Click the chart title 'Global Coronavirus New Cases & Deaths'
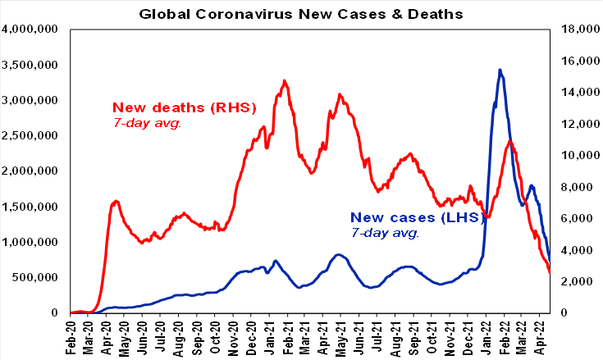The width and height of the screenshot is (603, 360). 301,14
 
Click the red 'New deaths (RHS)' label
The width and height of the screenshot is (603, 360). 185,107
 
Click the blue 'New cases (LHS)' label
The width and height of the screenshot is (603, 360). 409,217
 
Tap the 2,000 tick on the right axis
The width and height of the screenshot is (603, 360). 573,281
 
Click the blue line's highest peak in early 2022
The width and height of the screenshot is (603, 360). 500,70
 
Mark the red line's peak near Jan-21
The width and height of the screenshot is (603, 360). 284,80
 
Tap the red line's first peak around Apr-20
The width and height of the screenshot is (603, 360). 116,200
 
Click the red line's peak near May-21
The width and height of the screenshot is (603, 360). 339,94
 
